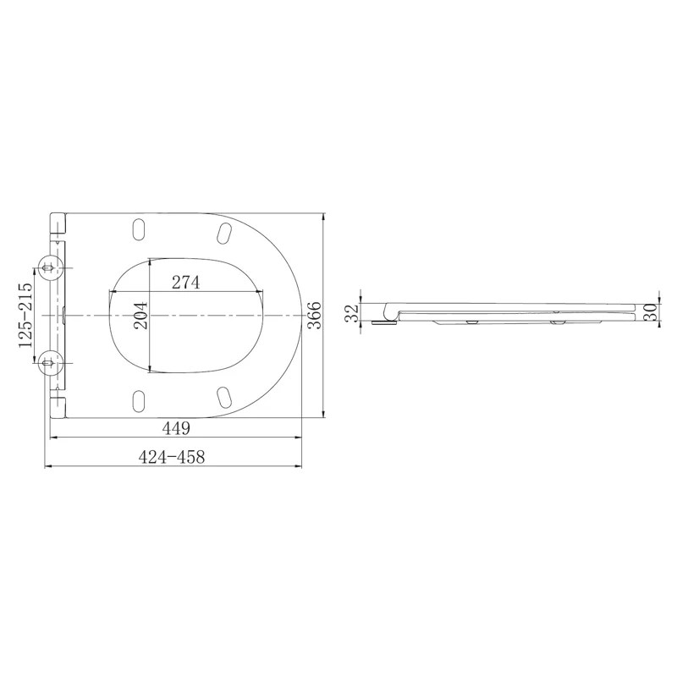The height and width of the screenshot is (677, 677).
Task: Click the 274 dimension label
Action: click(185, 283)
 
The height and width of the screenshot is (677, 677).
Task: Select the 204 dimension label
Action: click(140, 316)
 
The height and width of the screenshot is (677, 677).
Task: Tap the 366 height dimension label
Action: click(315, 316)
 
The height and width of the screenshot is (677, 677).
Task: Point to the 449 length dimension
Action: click(176, 428)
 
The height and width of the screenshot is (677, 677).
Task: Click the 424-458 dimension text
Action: click(172, 457)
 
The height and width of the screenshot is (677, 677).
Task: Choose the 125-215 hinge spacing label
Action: click(25, 315)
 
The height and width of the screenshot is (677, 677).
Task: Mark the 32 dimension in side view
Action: click(353, 312)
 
